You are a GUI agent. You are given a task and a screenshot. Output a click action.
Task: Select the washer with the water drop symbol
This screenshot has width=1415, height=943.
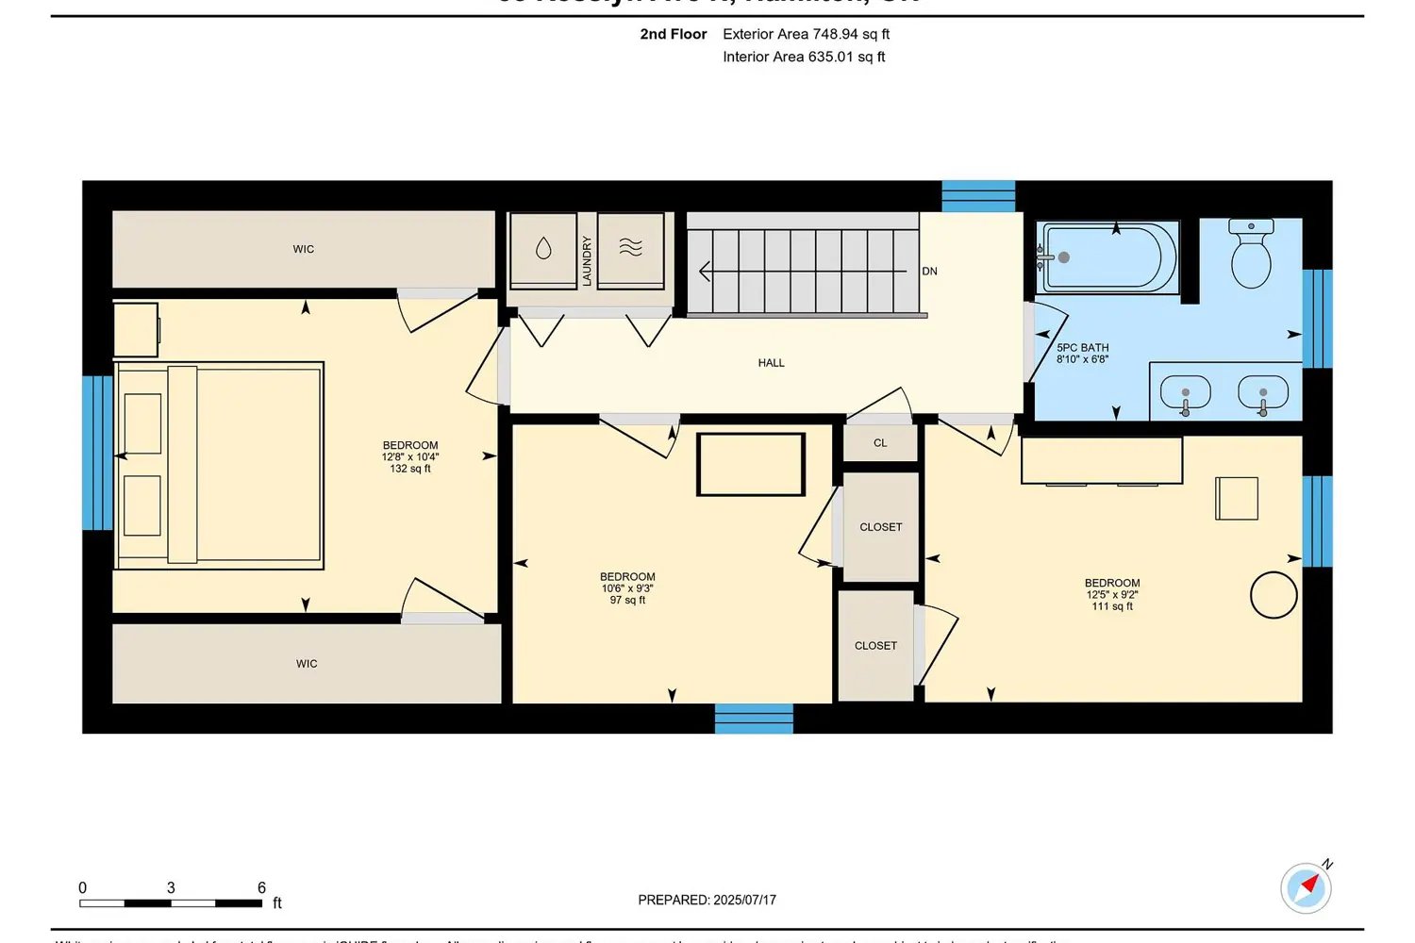point(543,249)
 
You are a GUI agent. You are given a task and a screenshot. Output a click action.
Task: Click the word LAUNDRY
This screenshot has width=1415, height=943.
point(587,261)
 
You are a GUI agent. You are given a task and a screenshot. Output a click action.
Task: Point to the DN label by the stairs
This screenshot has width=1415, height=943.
point(929,272)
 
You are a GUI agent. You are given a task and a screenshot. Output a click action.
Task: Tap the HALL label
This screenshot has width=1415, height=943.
point(771,363)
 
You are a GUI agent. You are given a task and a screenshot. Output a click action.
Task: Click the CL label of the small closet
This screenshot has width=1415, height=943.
point(880,443)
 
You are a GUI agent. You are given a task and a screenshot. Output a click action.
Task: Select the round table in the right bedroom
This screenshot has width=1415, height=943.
point(1273,595)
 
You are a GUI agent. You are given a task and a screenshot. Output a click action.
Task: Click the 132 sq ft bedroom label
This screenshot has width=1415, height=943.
point(410,469)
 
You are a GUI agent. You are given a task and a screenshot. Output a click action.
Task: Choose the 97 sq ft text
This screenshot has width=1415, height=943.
point(627,601)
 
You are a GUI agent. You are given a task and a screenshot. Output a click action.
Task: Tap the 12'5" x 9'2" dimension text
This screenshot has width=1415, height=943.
point(1112,595)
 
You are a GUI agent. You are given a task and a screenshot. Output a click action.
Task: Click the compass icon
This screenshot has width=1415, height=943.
point(1307,887)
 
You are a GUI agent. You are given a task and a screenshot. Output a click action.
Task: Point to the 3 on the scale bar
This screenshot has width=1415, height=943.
point(171,888)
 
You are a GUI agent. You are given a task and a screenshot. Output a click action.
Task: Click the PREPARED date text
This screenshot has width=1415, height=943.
point(707,901)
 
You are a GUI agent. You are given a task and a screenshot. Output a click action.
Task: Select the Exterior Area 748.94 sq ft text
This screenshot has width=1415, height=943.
point(806,34)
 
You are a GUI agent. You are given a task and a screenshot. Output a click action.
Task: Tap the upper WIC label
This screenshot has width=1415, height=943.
point(304,250)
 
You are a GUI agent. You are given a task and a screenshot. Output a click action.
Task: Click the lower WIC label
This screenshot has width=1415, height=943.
point(307,664)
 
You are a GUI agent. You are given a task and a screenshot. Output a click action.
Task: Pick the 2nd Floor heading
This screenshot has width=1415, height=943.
point(673,34)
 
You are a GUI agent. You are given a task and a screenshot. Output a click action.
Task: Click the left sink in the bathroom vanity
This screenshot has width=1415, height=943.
point(1185,391)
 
